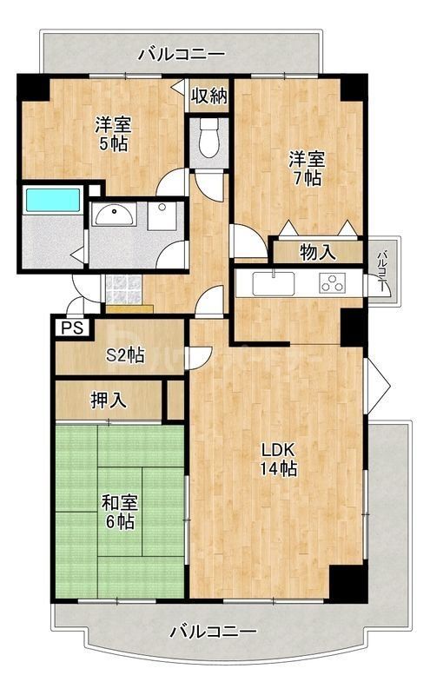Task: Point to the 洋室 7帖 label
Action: coord(305,168)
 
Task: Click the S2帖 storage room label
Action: coord(125,354)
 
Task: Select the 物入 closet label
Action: coord(317,253)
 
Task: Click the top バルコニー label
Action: coord(182,55)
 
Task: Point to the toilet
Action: coord(209,139)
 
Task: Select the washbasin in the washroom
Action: coord(113,216)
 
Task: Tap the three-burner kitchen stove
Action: coord(333,283)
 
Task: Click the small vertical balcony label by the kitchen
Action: coord(382,268)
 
